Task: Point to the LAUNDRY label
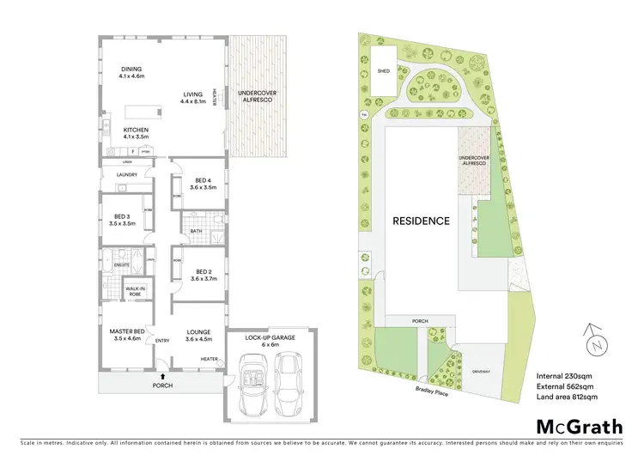(x=126, y=175)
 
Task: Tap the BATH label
(x=196, y=230)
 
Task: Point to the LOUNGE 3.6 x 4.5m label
(x=199, y=333)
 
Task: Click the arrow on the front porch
(x=162, y=376)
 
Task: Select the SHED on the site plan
(x=384, y=72)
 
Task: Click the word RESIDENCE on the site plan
(x=421, y=221)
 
